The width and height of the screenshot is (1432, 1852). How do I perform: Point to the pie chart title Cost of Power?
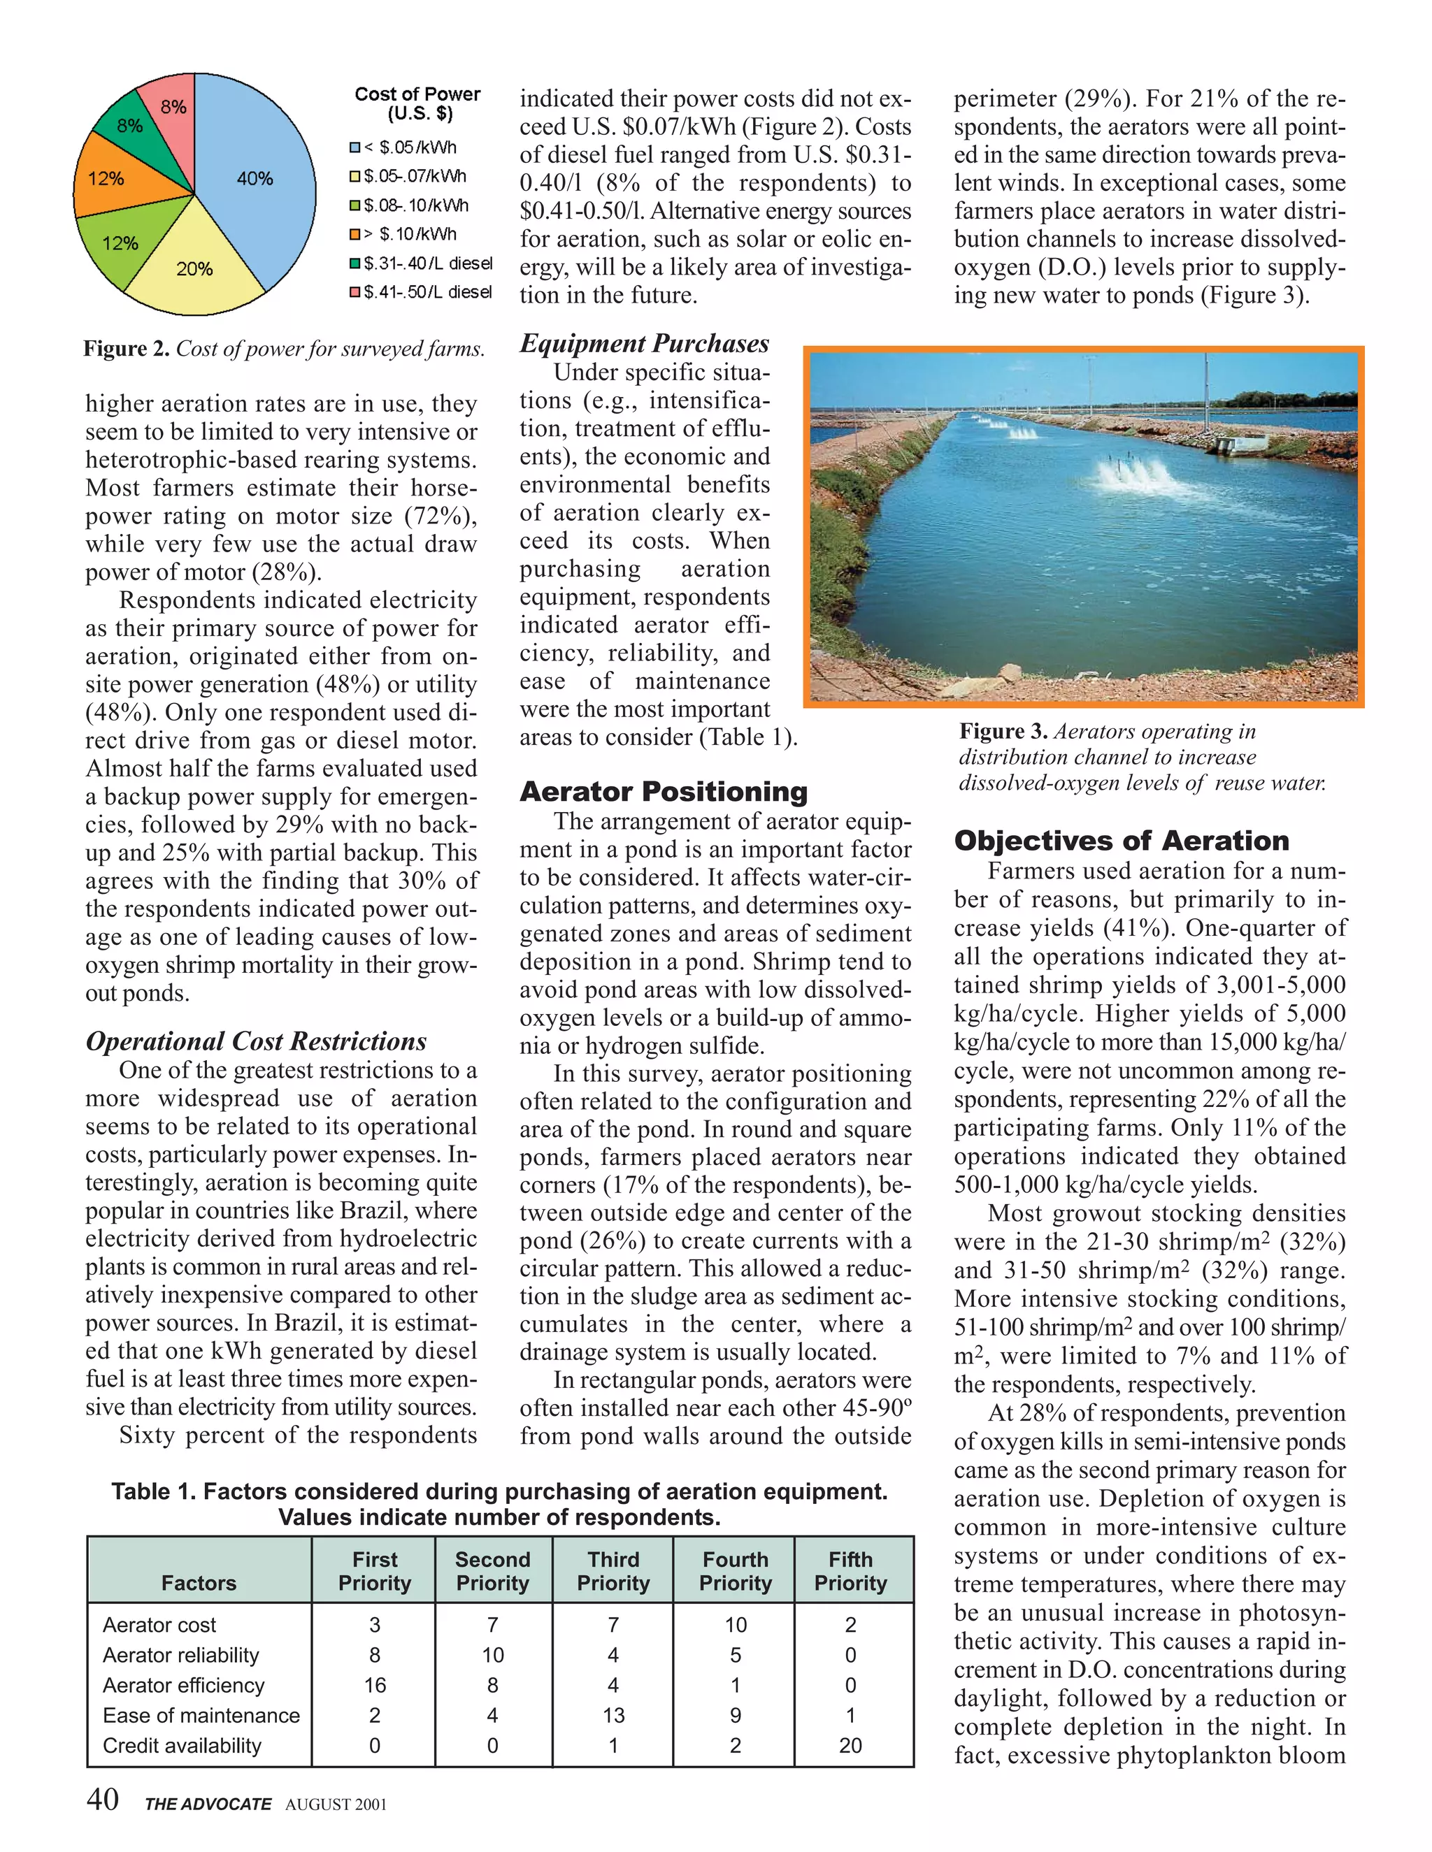click(x=417, y=94)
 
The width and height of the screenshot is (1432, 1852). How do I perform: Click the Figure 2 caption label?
click(x=126, y=349)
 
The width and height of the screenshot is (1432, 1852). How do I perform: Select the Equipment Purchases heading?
click(x=644, y=343)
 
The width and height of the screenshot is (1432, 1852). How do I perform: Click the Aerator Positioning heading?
click(x=664, y=792)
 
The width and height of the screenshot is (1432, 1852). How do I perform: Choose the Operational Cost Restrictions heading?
click(x=256, y=1041)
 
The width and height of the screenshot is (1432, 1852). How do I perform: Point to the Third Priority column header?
click(x=613, y=1571)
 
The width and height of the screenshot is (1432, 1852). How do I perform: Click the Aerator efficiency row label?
click(x=183, y=1685)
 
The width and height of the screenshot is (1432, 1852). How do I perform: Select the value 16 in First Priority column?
click(x=374, y=1685)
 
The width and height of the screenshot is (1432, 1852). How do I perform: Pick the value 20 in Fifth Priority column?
click(x=850, y=1745)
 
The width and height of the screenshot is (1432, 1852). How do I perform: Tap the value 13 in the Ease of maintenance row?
click(x=613, y=1716)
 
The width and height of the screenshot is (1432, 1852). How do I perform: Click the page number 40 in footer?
click(x=103, y=1800)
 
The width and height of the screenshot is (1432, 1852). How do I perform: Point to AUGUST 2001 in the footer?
click(x=336, y=1804)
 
